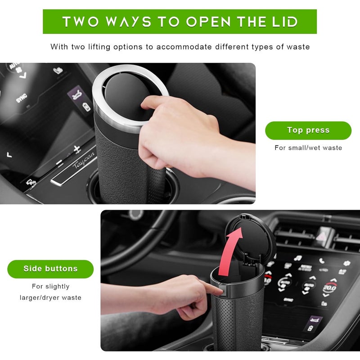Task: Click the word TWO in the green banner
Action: [x=81, y=22]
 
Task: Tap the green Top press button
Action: [x=308, y=130]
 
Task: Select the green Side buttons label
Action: [x=50, y=269]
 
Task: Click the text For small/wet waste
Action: [x=308, y=148]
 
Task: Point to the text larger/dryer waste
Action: [x=50, y=297]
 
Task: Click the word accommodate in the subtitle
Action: [x=184, y=47]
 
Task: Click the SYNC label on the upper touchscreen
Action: [x=21, y=98]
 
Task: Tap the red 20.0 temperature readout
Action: [x=330, y=288]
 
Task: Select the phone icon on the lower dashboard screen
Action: [x=322, y=261]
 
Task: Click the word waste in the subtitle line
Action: [x=298, y=47]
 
